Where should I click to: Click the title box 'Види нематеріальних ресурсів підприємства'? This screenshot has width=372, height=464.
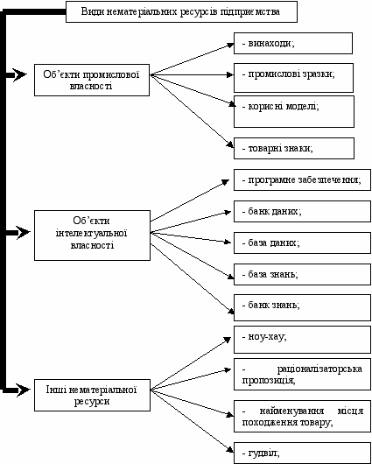(181, 12)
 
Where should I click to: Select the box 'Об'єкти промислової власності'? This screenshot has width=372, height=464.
(92, 80)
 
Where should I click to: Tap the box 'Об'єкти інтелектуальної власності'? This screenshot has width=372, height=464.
(92, 236)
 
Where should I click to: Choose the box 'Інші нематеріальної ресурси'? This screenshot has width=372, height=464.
(92, 395)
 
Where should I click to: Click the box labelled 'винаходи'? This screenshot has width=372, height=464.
(293, 43)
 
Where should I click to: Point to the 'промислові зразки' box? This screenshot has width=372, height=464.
(293, 78)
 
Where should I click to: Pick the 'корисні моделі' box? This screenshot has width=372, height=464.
(294, 111)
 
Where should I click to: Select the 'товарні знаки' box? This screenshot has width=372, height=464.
(294, 148)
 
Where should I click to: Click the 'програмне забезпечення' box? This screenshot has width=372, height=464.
(302, 179)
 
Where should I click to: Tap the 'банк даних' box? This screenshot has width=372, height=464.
(302, 211)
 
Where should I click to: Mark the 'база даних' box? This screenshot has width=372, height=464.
(302, 243)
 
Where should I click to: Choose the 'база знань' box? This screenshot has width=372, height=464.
(302, 274)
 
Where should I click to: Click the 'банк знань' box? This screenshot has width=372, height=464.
(302, 307)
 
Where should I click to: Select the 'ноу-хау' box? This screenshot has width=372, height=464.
(302, 340)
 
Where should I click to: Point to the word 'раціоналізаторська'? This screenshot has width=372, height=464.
(319, 369)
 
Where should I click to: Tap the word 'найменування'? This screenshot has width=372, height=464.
(291, 411)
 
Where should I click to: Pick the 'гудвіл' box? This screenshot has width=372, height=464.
(302, 453)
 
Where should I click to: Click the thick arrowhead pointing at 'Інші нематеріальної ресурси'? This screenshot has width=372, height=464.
(23, 390)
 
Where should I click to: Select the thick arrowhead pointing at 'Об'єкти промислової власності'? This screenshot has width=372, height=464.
(19, 74)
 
